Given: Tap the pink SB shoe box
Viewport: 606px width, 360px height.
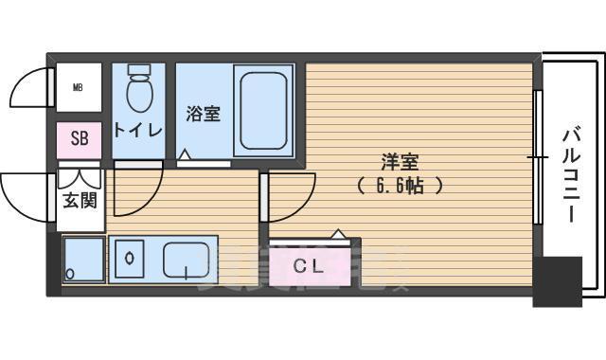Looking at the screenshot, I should tap(80, 138).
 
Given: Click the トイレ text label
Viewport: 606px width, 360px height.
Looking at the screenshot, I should tap(138, 130).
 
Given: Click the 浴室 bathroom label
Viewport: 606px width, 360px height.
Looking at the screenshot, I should tap(203, 114).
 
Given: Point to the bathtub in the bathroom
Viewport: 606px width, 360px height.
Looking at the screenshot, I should tap(264, 110).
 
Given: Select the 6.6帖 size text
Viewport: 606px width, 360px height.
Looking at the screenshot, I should tap(400, 186).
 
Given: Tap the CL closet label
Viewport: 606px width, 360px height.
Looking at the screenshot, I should tap(309, 267).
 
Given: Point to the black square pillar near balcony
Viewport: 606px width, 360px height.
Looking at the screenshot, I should tap(556, 280).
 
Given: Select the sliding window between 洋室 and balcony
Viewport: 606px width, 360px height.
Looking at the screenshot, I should tap(538, 158).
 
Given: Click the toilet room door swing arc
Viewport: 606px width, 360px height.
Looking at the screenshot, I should tap(138, 194).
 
